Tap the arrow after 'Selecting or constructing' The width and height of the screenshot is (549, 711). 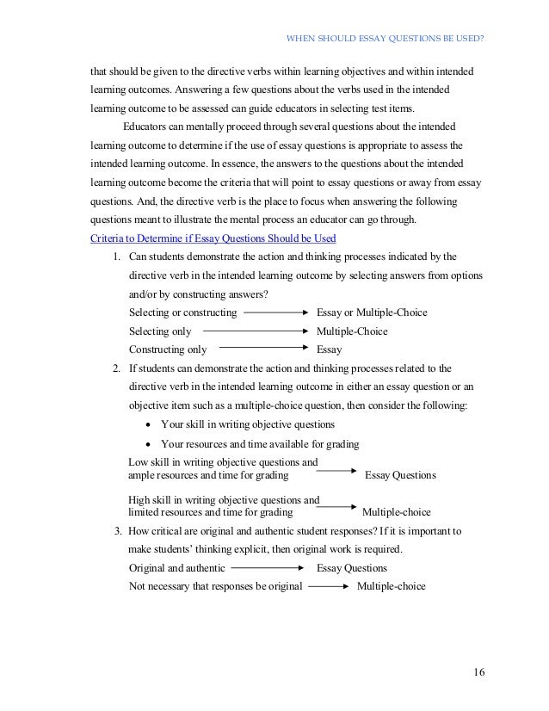[276, 312]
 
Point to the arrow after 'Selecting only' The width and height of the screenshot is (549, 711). [256, 331]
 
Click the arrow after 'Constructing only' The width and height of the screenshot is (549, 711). [263, 349]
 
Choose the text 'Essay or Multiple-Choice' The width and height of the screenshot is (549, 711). [372, 312]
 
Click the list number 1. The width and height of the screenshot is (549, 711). [116, 257]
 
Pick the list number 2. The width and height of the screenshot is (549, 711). [116, 368]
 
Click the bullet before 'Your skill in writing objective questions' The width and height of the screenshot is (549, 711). [151, 425]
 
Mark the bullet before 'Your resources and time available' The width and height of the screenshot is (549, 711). [151, 444]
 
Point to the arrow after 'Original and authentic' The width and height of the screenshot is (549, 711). [268, 568]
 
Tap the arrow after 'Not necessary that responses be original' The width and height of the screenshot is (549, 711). [328, 586]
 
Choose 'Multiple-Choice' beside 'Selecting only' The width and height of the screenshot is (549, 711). [352, 331]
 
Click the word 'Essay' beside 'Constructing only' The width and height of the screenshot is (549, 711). [330, 350]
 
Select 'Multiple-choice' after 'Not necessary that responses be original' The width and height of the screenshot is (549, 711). [391, 586]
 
